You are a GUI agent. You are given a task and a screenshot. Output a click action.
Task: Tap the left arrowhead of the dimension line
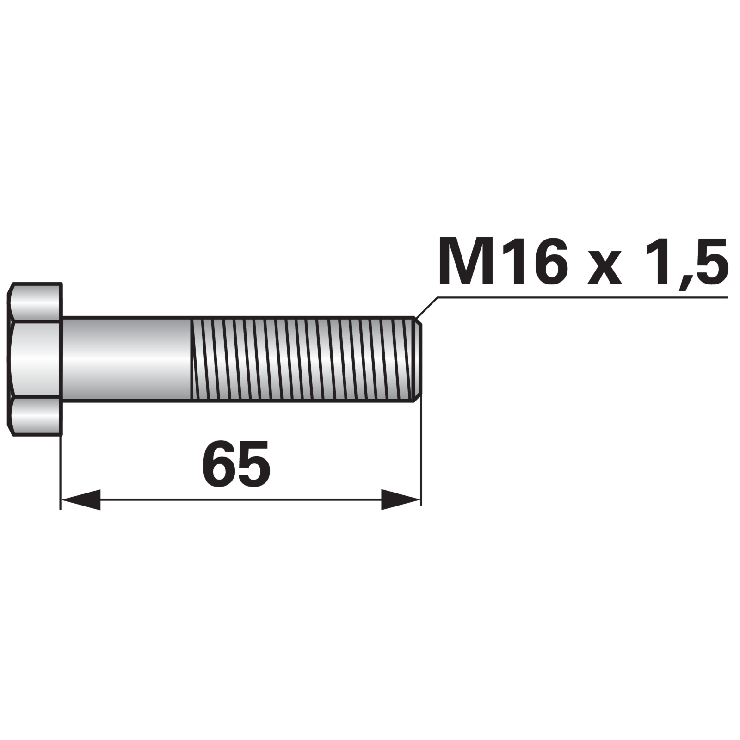coord(81,499)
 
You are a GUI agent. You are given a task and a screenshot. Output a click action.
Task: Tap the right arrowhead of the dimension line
coord(401,499)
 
